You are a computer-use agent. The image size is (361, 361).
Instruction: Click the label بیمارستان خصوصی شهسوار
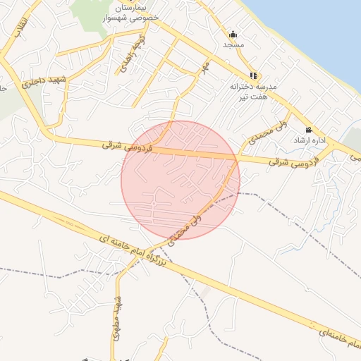point(126,13)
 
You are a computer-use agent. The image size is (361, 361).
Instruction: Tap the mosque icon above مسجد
point(233,34)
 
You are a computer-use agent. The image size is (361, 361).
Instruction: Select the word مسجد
point(233,44)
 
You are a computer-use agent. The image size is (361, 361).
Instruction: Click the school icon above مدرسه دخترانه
point(253,75)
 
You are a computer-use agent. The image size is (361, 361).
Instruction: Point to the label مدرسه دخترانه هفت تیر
point(253,90)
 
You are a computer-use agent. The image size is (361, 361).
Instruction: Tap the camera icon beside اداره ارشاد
point(309,130)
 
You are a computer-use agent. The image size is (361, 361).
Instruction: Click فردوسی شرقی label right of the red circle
point(290,161)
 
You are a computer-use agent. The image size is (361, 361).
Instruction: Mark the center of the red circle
point(180,180)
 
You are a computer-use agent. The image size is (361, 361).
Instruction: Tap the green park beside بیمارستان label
point(95,14)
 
